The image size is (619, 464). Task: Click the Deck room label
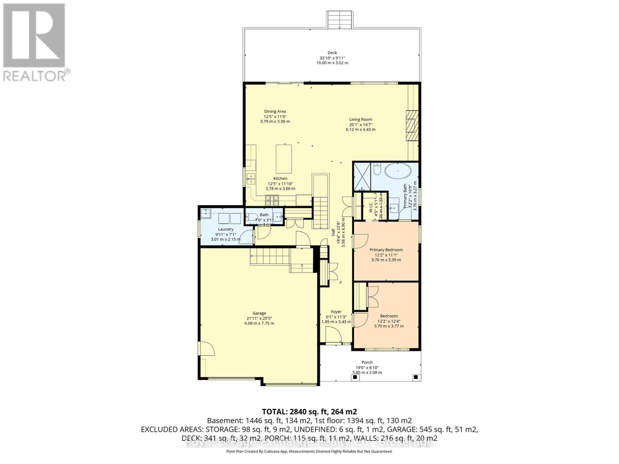(x=332, y=53)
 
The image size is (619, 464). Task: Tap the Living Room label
(x=361, y=119)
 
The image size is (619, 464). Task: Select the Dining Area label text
(x=275, y=111)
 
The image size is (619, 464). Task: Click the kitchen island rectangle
(x=284, y=159)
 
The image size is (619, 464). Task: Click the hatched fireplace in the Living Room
(x=412, y=126)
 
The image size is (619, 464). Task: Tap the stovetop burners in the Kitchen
(x=272, y=200)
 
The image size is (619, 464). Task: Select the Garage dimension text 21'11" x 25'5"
(x=259, y=318)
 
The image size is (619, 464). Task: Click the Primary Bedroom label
(x=386, y=250)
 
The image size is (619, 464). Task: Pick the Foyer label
(x=336, y=312)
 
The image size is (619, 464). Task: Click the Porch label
(x=367, y=362)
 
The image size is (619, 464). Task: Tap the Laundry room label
(x=226, y=229)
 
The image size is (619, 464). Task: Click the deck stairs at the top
(x=339, y=19)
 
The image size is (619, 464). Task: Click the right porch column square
(x=416, y=377)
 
